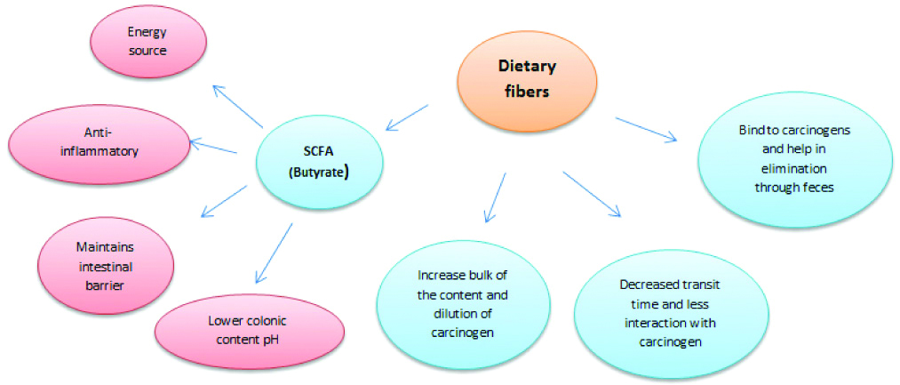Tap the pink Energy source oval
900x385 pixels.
point(147,43)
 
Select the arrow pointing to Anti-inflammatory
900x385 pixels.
point(213,148)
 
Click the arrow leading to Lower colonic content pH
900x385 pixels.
point(273,253)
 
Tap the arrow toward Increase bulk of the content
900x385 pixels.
point(494,197)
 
